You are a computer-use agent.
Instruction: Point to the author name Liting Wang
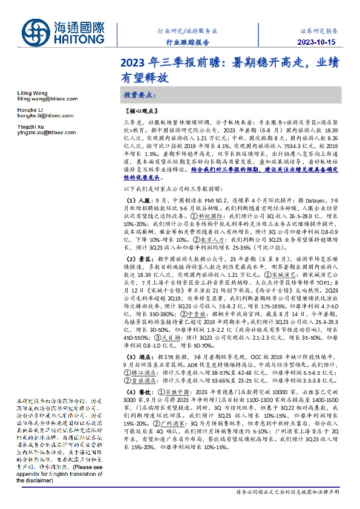point(30,93)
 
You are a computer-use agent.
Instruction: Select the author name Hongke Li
point(28,109)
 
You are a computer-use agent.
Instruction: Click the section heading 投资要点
point(140,95)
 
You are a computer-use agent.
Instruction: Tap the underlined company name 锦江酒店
point(143,373)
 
